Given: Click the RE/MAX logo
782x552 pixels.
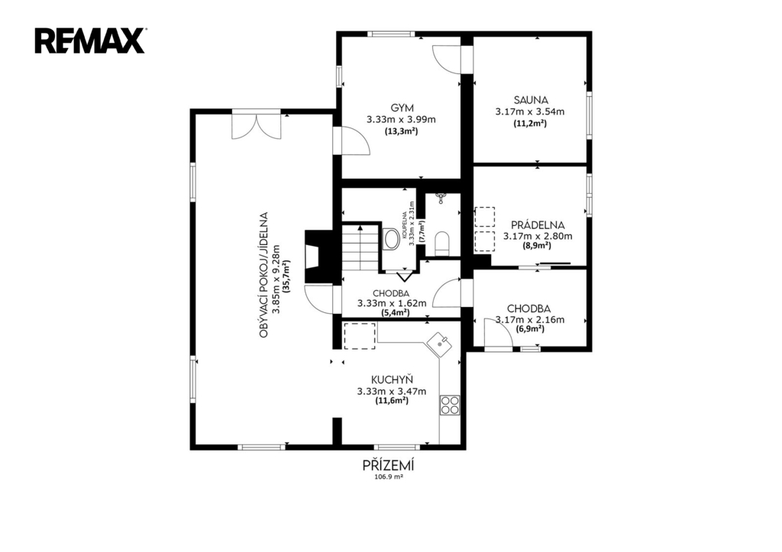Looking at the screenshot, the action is click(x=90, y=41).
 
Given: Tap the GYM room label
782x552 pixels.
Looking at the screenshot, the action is click(x=402, y=108).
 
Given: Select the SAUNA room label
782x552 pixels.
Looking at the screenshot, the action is click(x=531, y=100).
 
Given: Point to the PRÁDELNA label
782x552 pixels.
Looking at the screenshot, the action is click(x=538, y=225).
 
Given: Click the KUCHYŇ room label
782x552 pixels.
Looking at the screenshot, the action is click(x=392, y=379).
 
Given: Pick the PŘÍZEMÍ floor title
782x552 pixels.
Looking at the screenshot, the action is click(x=389, y=466).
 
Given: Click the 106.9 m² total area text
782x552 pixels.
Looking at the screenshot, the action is click(x=389, y=476).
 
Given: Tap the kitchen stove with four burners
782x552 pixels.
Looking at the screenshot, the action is click(x=449, y=405).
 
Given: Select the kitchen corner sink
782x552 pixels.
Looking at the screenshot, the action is click(x=439, y=344).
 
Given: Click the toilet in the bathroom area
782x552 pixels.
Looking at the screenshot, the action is click(x=442, y=243).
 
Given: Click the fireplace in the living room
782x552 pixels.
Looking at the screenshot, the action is click(x=318, y=257).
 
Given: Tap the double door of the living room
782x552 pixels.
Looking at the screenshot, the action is click(x=257, y=126).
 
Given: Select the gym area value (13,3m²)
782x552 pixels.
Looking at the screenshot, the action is click(x=400, y=131).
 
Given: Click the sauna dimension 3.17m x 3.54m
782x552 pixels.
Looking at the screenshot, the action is click(x=530, y=111).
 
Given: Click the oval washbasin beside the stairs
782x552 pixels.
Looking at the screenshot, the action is click(x=389, y=239).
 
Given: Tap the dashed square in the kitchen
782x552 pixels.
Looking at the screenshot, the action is click(x=360, y=336).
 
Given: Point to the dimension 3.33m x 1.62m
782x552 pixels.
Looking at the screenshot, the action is click(x=392, y=303).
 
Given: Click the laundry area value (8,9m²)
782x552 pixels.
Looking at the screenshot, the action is click(x=537, y=246).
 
